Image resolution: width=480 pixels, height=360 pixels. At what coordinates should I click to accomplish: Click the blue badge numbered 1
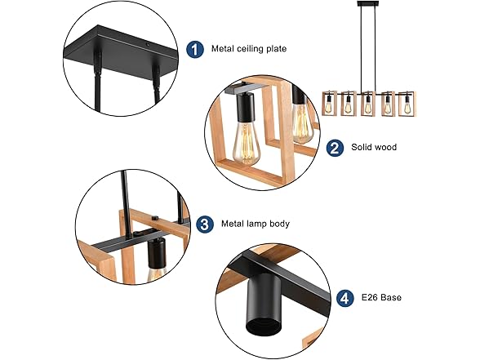point(194,49)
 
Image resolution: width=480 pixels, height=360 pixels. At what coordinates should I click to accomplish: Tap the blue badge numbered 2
point(334,148)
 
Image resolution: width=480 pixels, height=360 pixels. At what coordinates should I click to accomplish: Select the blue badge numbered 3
point(205,223)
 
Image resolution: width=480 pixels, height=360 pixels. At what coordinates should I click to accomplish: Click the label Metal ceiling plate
point(248,49)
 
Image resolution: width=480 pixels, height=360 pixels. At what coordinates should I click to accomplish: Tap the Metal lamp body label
point(255,223)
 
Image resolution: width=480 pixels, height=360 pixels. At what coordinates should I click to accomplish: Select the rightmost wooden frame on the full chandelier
point(406,104)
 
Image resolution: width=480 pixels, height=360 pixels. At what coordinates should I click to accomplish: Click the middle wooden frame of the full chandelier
point(367,104)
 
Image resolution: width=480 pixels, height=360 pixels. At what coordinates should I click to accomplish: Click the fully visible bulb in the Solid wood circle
point(245,144)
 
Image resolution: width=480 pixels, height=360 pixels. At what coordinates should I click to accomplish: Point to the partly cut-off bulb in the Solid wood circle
point(301,122)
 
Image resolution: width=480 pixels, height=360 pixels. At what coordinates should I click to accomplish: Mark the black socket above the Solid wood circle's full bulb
point(245,106)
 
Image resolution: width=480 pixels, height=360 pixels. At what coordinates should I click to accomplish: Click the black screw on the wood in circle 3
point(159,218)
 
